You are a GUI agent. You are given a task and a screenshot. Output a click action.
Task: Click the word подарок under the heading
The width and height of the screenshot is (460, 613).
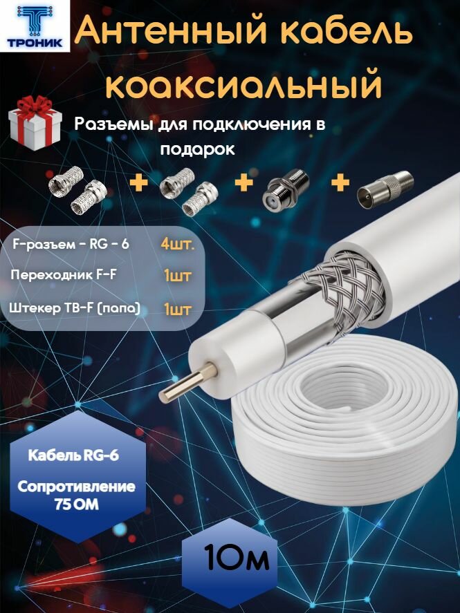tap(198, 149)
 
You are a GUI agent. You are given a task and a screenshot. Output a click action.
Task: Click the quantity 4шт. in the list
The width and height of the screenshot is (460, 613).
tap(178, 244)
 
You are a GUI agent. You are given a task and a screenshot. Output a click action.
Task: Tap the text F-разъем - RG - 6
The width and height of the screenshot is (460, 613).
tap(71, 244)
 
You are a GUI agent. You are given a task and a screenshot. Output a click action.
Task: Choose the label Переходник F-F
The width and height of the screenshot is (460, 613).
tap(64, 276)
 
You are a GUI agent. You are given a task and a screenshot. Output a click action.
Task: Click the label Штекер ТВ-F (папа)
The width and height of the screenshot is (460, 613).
tap(75, 308)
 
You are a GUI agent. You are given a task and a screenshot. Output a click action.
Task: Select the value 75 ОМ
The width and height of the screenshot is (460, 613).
tap(76, 505)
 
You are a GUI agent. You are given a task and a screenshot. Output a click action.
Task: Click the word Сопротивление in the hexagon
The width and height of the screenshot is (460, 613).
tap(76, 487)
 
